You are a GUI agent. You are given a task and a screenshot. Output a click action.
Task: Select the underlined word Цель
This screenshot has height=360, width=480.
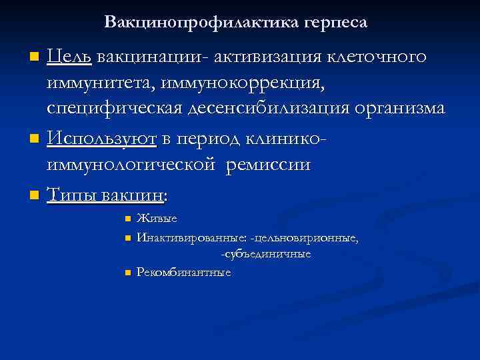69,57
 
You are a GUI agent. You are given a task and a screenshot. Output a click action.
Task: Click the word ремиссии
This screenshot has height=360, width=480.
268,164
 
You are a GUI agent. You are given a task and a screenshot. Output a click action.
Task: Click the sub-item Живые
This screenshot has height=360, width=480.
157,219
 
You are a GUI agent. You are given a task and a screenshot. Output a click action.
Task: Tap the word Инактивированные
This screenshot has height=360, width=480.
191,237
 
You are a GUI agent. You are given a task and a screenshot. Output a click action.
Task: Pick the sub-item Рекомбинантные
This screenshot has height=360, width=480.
183,272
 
